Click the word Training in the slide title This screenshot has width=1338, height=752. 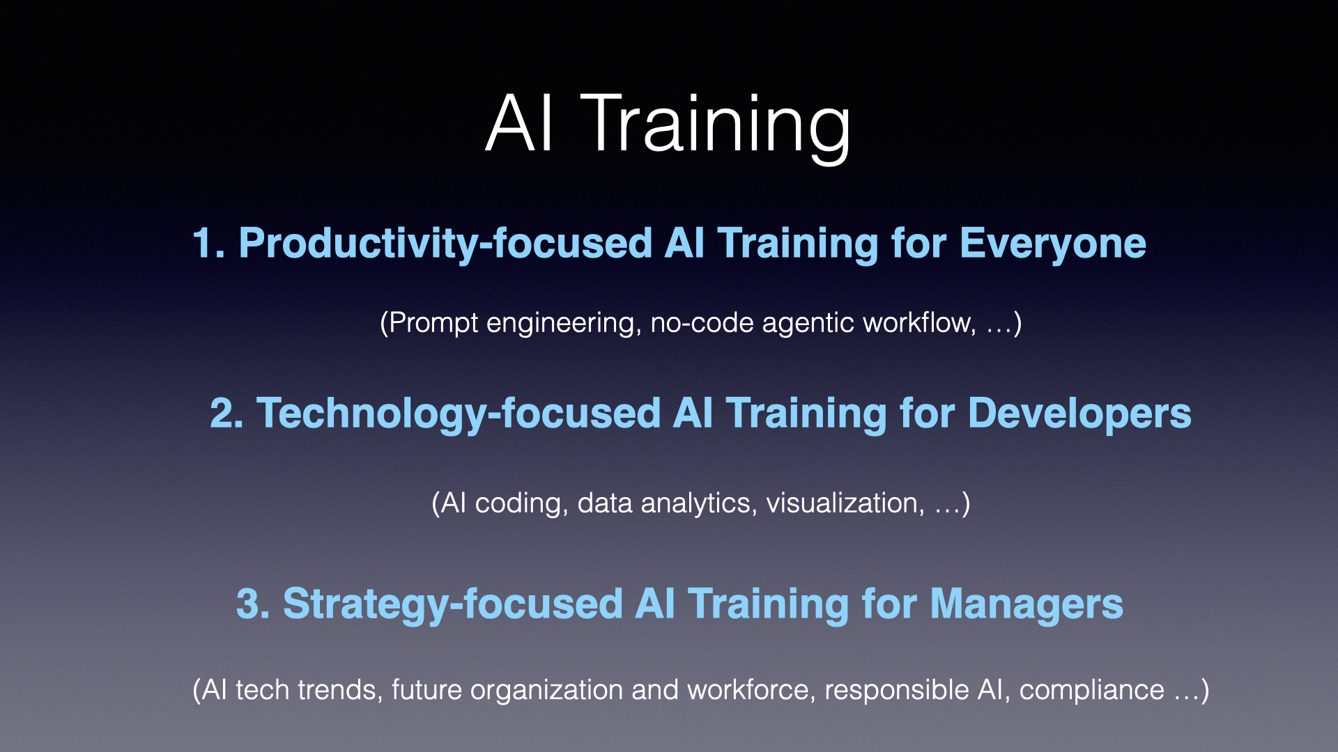click(716, 125)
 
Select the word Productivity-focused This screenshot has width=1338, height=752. click(446, 244)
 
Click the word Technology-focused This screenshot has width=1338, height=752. click(459, 414)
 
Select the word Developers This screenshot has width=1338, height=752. click(1079, 414)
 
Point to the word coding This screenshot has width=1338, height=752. click(518, 503)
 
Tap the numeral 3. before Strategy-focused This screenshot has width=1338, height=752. click(253, 604)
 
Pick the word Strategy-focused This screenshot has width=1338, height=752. click(453, 604)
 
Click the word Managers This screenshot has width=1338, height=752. click(1026, 604)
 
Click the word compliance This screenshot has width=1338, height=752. click(1091, 691)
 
